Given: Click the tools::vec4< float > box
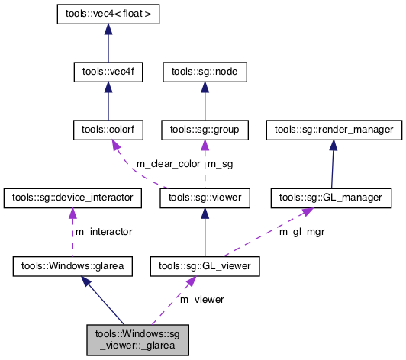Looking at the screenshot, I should pyautogui.click(x=108, y=14).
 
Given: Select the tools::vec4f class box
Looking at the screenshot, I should pyautogui.click(x=108, y=72).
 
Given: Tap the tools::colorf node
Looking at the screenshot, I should pyautogui.click(x=108, y=130).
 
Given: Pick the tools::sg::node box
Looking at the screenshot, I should pyautogui.click(x=205, y=72).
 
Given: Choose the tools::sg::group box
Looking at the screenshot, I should pyautogui.click(x=205, y=130).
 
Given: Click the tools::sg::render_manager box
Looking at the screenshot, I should pyautogui.click(x=333, y=130).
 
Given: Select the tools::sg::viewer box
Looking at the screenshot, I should pyautogui.click(x=205, y=198).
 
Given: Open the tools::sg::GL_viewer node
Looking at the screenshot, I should pyautogui.click(x=205, y=266).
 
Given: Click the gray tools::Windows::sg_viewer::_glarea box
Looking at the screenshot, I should pyautogui.click(x=137, y=339).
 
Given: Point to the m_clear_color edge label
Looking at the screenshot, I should pyautogui.click(x=168, y=164).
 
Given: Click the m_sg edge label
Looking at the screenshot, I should pyautogui.click(x=221, y=164).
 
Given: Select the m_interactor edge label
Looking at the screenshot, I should pyautogui.click(x=103, y=231).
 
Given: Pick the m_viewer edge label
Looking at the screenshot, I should pyautogui.click(x=201, y=299).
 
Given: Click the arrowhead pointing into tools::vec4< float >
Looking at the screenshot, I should pyautogui.click(x=108, y=28).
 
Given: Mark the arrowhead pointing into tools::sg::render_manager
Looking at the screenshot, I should pyautogui.click(x=333, y=145).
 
